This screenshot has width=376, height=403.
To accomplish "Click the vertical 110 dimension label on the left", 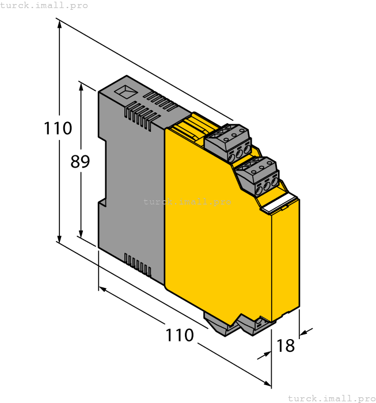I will tap(58, 128).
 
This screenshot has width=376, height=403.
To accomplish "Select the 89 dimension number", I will tap(80, 162).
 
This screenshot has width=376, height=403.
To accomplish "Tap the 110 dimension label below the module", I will tap(180, 334).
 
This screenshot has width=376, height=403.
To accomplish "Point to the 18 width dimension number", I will tap(286, 345).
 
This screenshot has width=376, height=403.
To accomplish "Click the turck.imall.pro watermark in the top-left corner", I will tap(44, 5).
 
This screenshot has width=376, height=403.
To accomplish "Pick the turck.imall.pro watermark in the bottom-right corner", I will tap(331, 398).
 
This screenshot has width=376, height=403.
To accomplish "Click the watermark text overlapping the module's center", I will tap(187, 201).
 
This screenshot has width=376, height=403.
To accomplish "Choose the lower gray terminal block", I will tap(257, 176).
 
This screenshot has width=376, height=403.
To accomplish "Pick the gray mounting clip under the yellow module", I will tap(236, 325).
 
